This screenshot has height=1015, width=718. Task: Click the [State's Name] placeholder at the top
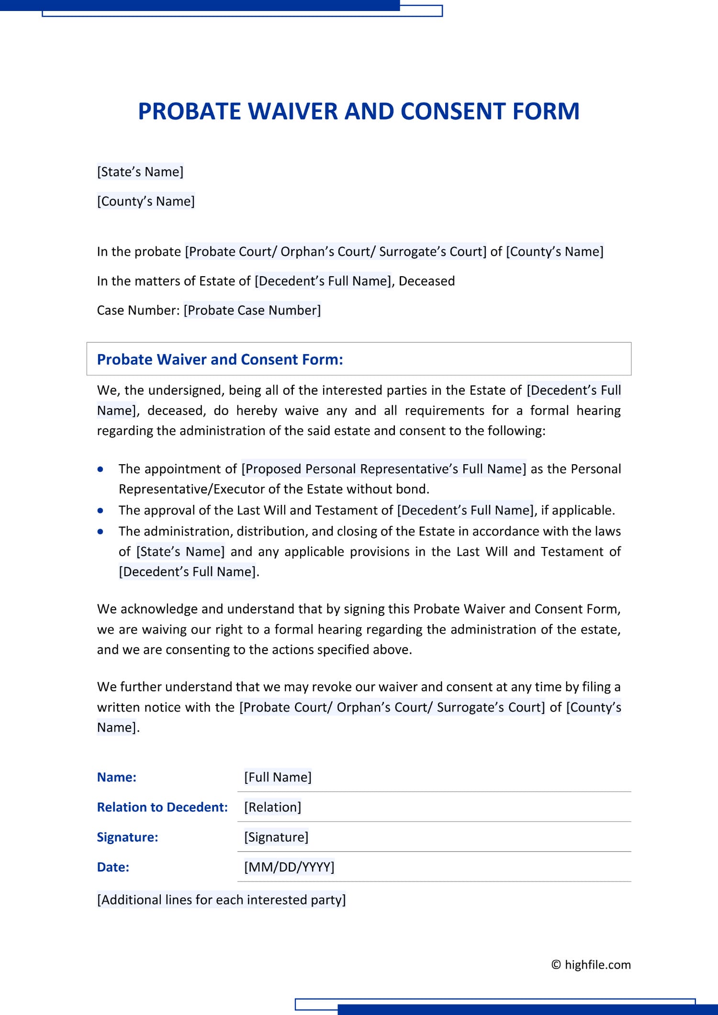click(x=140, y=172)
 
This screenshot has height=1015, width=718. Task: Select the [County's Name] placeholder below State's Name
click(x=146, y=201)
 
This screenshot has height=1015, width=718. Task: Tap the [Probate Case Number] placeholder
click(x=252, y=310)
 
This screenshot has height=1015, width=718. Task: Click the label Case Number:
click(x=138, y=310)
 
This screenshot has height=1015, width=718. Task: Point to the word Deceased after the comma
click(x=426, y=281)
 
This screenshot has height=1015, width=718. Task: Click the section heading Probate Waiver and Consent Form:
click(x=220, y=359)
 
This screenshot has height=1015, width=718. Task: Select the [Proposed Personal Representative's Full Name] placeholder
click(x=383, y=469)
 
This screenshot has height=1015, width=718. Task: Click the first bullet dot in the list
click(x=100, y=469)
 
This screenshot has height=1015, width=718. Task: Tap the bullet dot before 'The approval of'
click(x=100, y=511)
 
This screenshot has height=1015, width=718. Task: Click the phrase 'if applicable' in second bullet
click(x=577, y=510)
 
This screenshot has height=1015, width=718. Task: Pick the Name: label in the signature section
click(x=116, y=777)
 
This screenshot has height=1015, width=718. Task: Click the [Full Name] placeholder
click(x=278, y=777)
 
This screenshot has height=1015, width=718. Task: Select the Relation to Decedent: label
click(x=162, y=807)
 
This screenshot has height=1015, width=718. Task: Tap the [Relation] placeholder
click(x=272, y=807)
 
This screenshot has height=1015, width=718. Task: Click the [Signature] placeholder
click(x=276, y=837)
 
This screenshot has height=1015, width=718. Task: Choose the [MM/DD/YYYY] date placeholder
click(x=289, y=867)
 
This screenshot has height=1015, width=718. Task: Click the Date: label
click(x=113, y=867)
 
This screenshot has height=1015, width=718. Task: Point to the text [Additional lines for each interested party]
click(x=221, y=900)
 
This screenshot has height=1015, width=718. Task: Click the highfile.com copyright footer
click(x=591, y=965)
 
